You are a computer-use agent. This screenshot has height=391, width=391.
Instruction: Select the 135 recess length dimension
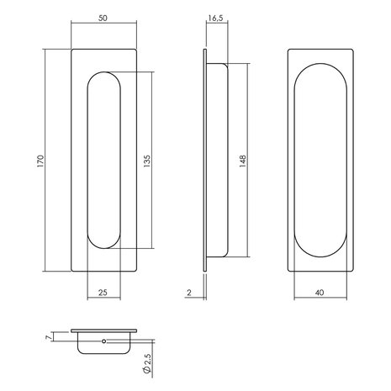(x=146, y=160)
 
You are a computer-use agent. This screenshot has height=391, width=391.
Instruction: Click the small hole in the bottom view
(x=103, y=342)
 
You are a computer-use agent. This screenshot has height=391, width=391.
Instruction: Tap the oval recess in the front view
(x=104, y=160)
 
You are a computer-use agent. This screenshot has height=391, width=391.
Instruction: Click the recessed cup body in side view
(x=217, y=160)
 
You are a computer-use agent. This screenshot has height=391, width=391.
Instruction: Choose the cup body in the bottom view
(x=103, y=345)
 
